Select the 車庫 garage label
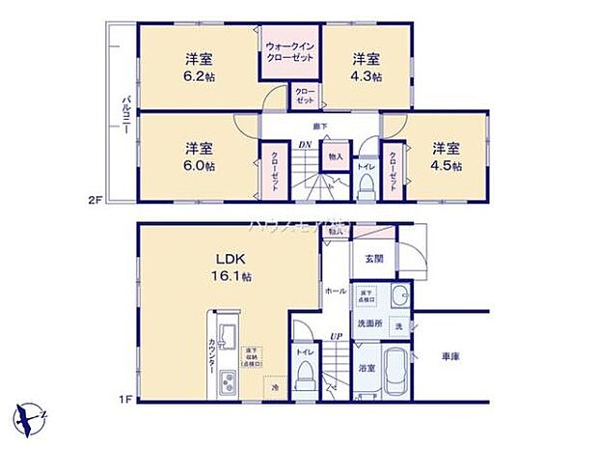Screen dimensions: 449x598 450,356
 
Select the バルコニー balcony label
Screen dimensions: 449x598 124,115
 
